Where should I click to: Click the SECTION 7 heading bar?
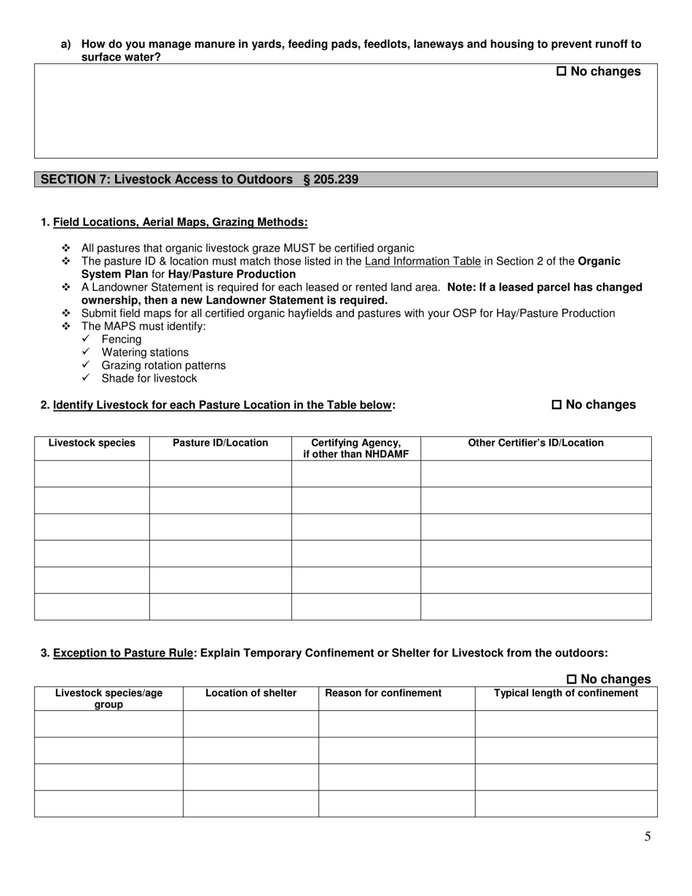point(345,179)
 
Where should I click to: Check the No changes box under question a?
point(562,71)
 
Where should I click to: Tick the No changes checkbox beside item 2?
point(557,405)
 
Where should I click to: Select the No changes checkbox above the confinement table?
point(572,680)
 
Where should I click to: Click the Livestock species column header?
point(92,443)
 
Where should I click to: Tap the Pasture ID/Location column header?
point(220,443)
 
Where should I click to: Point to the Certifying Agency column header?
point(355,449)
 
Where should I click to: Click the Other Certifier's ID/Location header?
point(535,443)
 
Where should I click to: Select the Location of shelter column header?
point(251,693)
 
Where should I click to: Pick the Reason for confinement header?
point(383,693)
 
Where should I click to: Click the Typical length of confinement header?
point(566,693)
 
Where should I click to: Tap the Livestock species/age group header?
point(109,699)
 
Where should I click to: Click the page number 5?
point(648,836)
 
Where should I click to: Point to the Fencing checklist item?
point(122,339)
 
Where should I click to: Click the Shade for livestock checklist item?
point(149,379)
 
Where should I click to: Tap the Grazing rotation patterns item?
point(163,366)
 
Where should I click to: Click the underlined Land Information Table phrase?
point(422,262)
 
